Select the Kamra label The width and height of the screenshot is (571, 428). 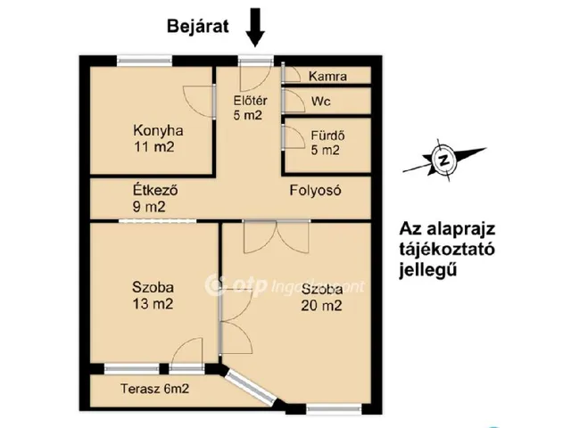(x=327, y=77)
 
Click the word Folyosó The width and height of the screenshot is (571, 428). (x=316, y=190)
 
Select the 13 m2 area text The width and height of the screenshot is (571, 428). (x=153, y=304)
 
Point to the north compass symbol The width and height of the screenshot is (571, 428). (x=442, y=160)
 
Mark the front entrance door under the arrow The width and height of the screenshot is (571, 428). (x=256, y=62)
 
